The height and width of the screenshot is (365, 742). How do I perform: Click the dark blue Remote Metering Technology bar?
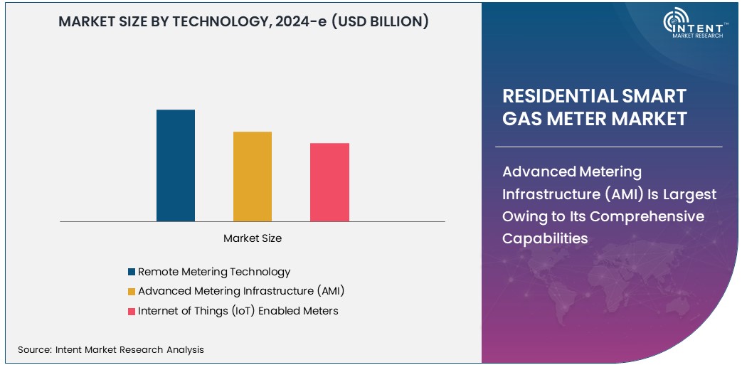click(176, 165)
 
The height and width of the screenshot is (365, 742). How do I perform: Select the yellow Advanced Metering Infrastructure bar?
click(253, 176)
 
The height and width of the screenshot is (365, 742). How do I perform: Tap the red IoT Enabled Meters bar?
click(329, 182)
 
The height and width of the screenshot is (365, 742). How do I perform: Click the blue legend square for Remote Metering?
click(132, 272)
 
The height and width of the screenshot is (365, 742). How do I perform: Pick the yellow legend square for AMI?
click(132, 291)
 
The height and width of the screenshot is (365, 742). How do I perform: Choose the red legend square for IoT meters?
click(132, 311)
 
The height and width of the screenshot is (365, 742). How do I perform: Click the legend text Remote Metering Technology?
click(214, 272)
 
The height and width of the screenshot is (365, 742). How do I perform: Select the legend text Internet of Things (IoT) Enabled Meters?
click(238, 311)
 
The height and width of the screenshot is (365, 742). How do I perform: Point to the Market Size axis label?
click(253, 238)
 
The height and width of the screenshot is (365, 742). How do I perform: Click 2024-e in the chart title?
click(308, 22)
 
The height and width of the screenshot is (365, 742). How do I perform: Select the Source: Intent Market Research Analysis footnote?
click(111, 349)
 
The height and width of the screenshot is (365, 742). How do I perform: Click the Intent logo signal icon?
click(674, 22)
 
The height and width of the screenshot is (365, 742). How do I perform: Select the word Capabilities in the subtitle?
click(545, 238)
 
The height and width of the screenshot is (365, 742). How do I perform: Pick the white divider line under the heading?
click(612, 147)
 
